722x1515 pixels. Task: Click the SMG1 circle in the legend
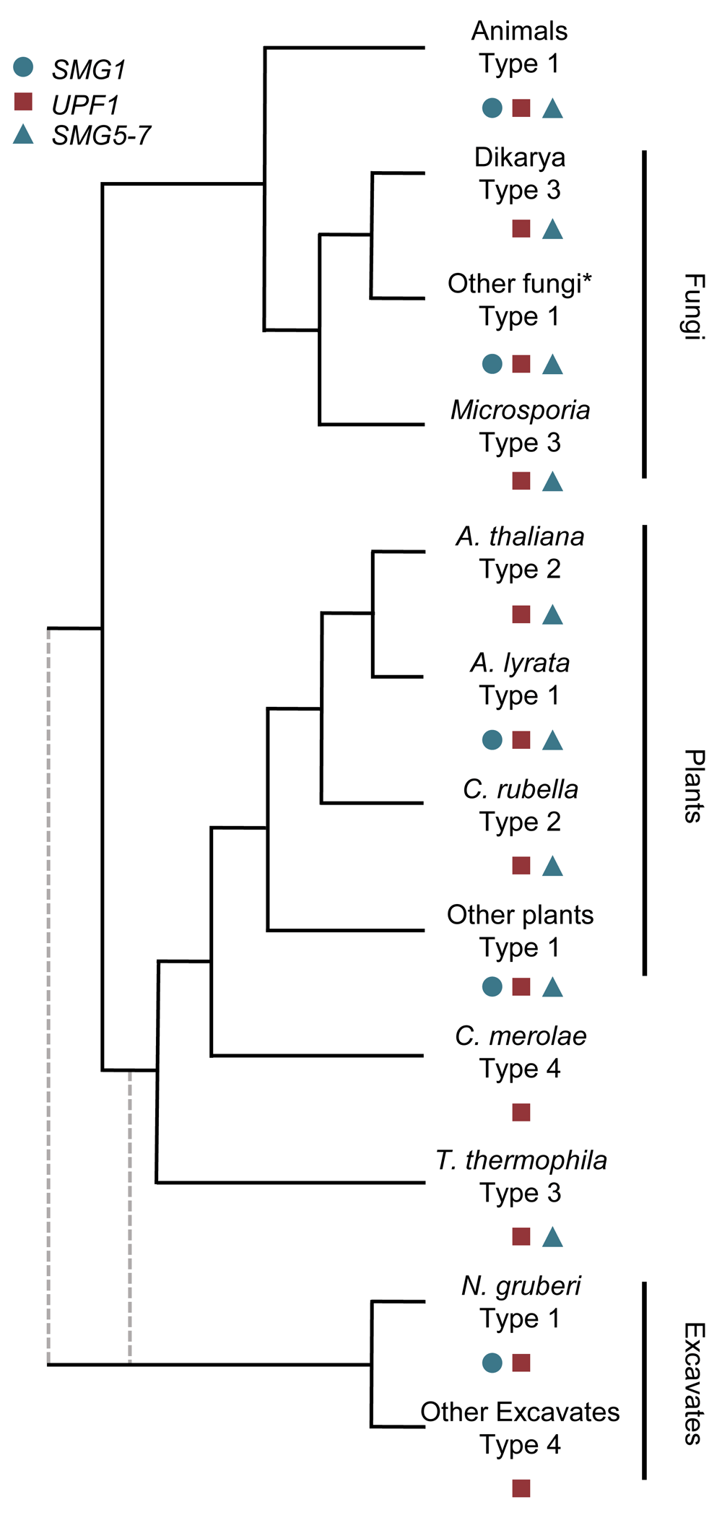point(23,67)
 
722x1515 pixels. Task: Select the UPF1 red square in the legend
point(23,102)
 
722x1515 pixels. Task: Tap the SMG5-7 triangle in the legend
point(23,134)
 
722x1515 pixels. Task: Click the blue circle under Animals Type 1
point(492,108)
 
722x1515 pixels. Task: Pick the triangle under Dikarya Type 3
point(552,229)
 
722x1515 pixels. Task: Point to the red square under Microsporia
point(521,480)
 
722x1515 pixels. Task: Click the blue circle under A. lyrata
point(492,739)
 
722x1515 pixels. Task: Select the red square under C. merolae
point(521,1112)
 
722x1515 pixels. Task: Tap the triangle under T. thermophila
point(552,1237)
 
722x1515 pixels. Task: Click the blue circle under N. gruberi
point(492,1363)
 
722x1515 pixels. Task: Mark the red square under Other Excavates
point(521,1488)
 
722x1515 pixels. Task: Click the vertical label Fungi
point(693,306)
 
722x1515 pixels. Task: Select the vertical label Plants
point(693,786)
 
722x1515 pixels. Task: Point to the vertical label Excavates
point(693,1384)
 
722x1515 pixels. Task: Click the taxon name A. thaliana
point(520,537)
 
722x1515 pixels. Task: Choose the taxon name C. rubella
point(521,789)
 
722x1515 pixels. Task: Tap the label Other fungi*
point(520,284)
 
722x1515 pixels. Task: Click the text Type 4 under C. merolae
point(520,1069)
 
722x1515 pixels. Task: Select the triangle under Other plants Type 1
point(552,986)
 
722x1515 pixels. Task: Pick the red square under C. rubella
point(521,865)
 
